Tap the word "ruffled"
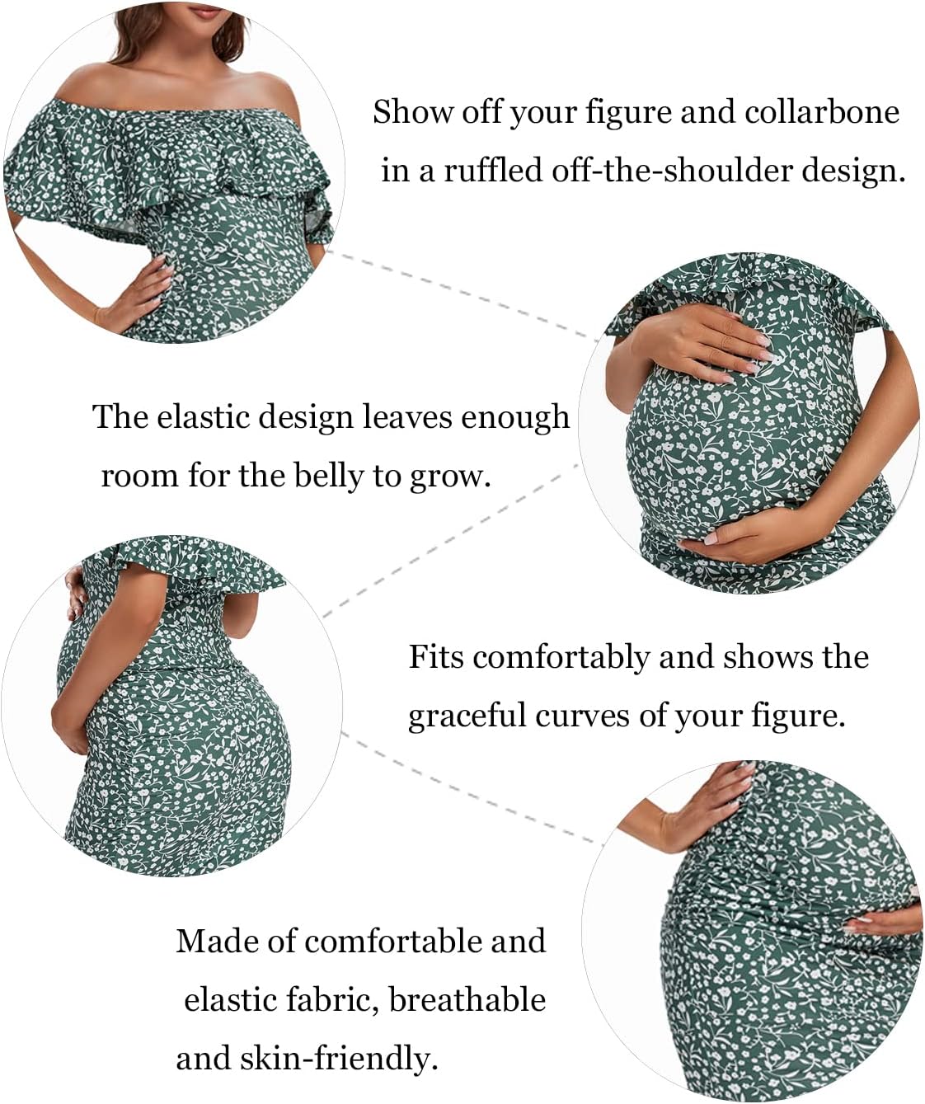(493, 170)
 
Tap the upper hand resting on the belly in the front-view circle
(706, 343)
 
